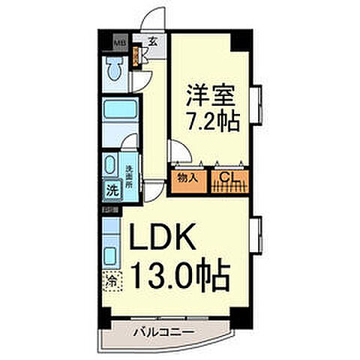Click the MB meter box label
[x=117, y=42]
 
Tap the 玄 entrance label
[x=152, y=41]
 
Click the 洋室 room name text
[x=211, y=94]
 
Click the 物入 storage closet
[x=187, y=178]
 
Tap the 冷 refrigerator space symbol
[x=110, y=283]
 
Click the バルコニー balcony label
[x=165, y=331]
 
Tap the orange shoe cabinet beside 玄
[x=137, y=57]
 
